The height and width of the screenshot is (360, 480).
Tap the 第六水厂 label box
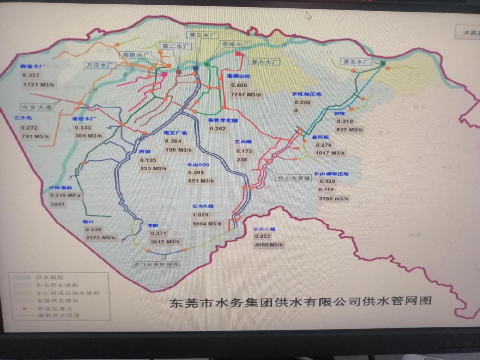[264, 62]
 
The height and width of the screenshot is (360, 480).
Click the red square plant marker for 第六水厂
[238, 53]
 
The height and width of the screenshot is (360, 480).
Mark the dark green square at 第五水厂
[383, 63]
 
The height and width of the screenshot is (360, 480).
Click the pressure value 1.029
[200, 215]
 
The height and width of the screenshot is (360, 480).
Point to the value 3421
[57, 204]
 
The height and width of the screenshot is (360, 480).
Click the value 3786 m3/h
[333, 198]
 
